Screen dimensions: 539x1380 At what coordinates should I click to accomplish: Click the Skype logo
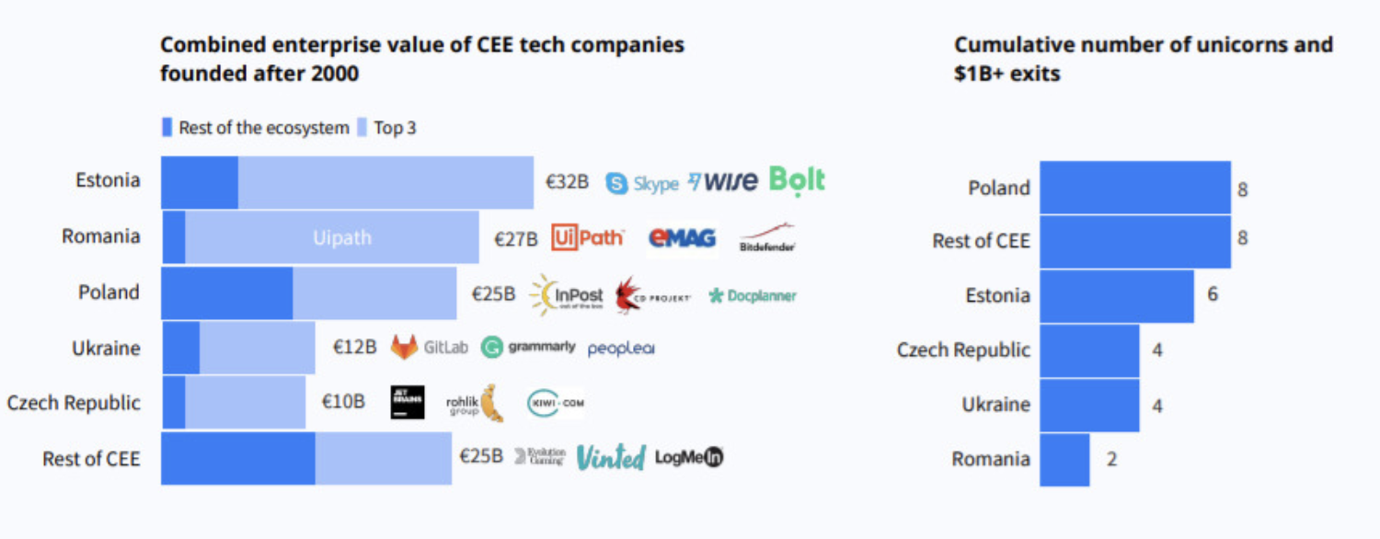(x=642, y=183)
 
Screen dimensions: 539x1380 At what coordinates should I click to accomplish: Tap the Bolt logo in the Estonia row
(x=797, y=181)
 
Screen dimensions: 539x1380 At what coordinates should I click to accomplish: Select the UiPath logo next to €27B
(x=588, y=238)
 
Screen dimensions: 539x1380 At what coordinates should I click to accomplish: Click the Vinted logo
(x=610, y=457)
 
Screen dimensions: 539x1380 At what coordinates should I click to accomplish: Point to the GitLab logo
(x=430, y=348)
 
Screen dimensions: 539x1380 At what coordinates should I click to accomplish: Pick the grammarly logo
(x=529, y=348)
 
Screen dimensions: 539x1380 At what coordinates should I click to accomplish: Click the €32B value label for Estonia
(x=567, y=182)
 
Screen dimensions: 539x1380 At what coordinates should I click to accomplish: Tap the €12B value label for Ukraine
(x=354, y=348)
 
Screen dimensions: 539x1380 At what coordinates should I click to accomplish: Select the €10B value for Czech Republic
(x=343, y=402)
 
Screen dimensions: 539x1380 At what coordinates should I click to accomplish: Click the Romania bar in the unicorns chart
(x=1064, y=459)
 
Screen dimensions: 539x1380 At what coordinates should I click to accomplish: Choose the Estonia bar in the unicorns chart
(x=1116, y=296)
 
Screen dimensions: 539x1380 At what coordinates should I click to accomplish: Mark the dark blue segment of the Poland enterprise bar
(x=226, y=293)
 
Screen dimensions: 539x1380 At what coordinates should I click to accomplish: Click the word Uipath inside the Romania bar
(x=341, y=238)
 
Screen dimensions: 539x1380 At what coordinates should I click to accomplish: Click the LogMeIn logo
(x=689, y=457)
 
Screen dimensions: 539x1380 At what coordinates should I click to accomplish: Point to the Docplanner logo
(x=752, y=296)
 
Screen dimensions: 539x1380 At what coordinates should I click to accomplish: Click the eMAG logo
(x=682, y=238)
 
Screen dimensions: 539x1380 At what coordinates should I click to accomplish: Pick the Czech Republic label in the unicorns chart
(x=963, y=350)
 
